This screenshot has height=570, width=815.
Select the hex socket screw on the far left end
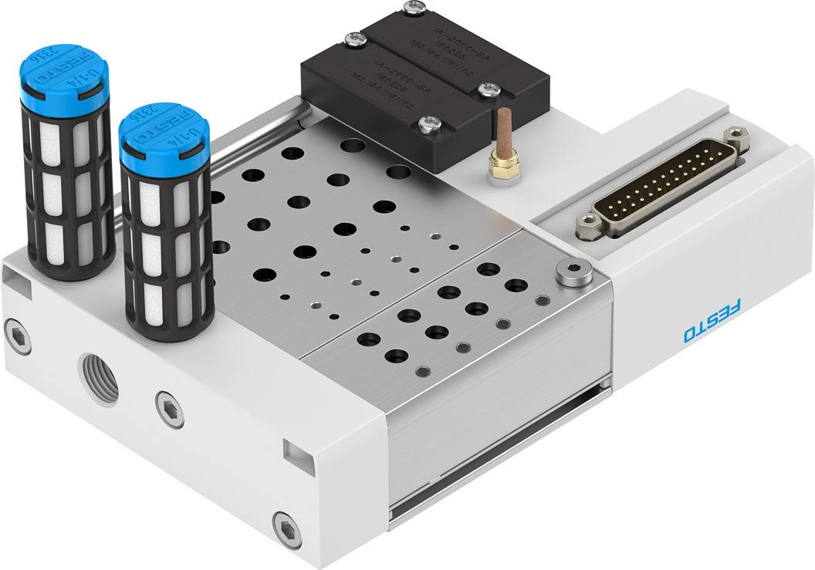point(18,338)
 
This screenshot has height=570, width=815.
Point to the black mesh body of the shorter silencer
point(168,247)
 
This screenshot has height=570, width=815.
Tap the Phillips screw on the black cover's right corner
point(487,90)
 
